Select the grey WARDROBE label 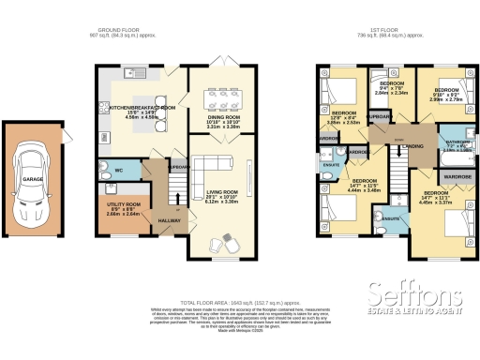(x=457, y=176)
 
